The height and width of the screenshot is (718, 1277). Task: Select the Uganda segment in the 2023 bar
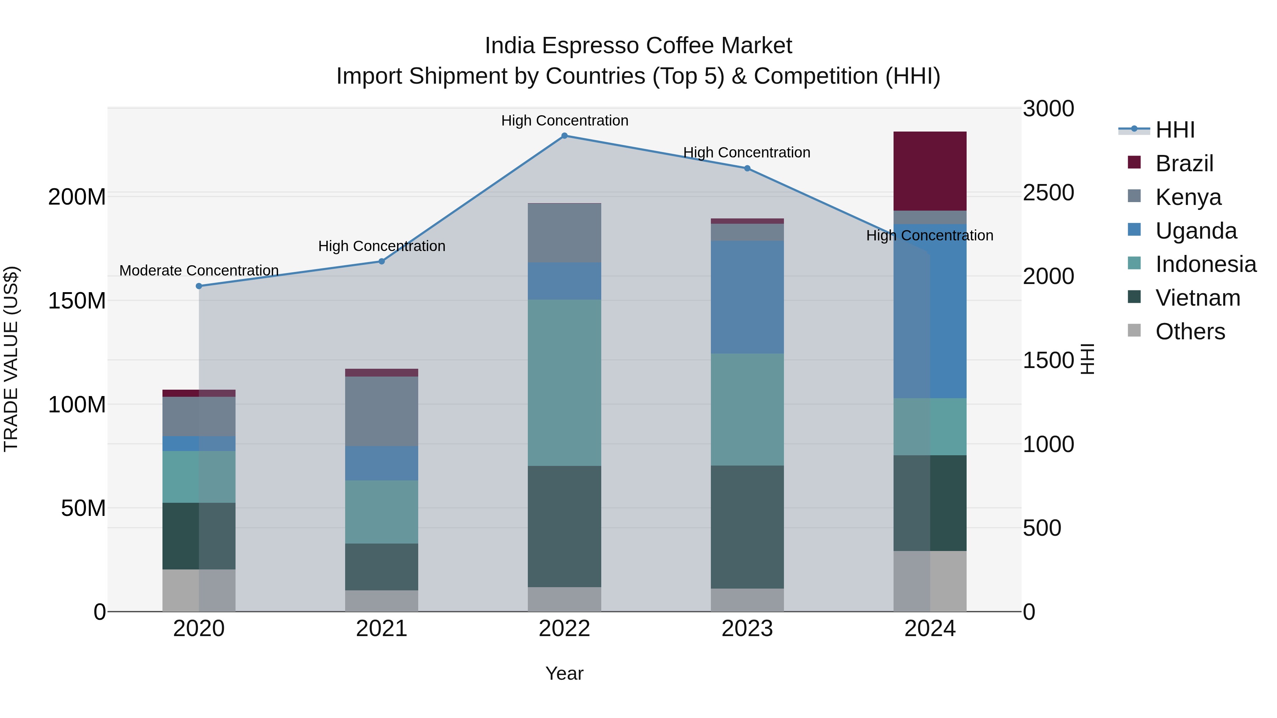click(747, 297)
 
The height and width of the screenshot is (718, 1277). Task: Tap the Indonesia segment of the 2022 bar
click(564, 383)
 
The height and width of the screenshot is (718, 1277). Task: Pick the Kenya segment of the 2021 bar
click(381, 411)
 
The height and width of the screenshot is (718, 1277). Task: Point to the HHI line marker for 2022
click(564, 136)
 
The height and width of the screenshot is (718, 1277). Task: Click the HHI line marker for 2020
click(199, 286)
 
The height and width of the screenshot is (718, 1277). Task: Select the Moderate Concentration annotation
click(199, 271)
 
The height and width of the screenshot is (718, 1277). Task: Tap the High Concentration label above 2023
click(747, 152)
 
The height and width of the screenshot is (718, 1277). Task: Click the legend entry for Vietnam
click(1198, 298)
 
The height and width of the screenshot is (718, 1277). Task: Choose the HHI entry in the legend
click(1175, 130)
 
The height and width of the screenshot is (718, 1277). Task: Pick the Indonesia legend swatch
click(1134, 263)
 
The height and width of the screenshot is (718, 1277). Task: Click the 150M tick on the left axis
click(77, 301)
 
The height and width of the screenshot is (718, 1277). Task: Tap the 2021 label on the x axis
click(381, 629)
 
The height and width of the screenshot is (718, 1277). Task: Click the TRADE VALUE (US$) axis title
click(11, 359)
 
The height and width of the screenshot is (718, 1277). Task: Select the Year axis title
click(564, 673)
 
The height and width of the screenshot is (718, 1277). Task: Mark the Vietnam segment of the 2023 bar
click(747, 527)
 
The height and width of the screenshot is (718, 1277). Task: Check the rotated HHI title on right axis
click(1087, 359)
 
